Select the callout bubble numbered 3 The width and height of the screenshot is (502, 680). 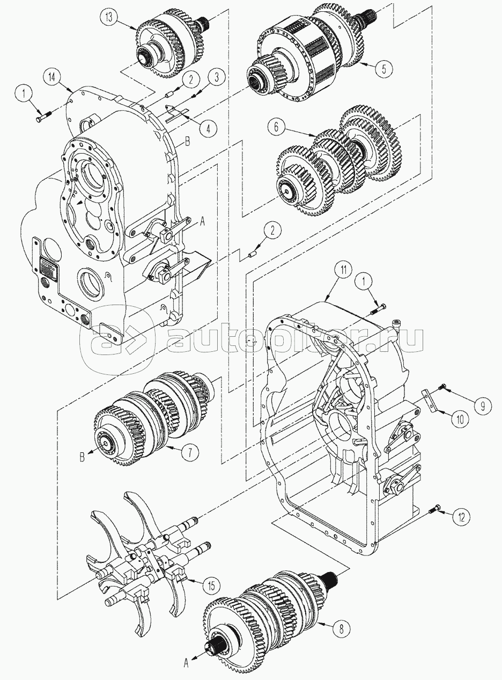215,77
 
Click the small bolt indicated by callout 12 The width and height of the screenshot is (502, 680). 436,509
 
